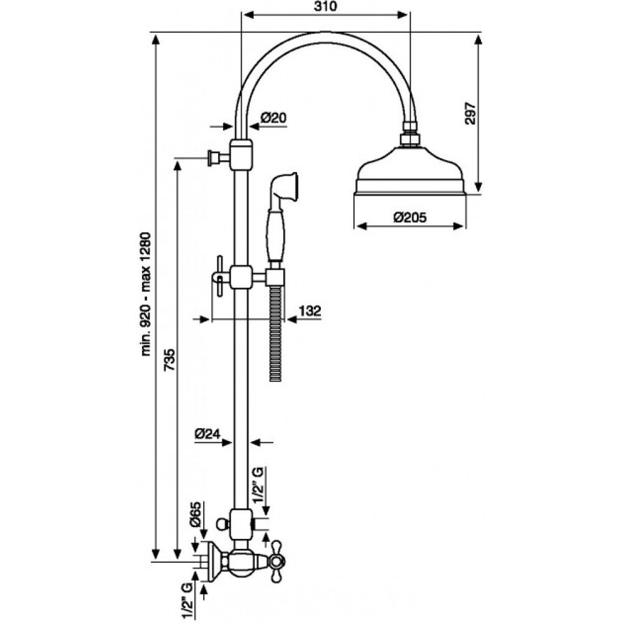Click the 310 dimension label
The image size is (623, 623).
(325, 6)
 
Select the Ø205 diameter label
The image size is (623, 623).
(410, 217)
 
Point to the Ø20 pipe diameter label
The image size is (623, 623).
(273, 118)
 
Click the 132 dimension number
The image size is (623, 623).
(310, 310)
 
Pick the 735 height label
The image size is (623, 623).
(169, 359)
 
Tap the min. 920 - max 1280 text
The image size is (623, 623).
(146, 294)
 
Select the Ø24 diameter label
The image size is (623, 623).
(207, 434)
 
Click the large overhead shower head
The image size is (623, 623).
(410, 171)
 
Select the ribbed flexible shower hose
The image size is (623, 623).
(275, 334)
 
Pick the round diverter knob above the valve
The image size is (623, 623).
(222, 525)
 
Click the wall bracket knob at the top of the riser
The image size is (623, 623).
(213, 158)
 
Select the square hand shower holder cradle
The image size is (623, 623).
(276, 277)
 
